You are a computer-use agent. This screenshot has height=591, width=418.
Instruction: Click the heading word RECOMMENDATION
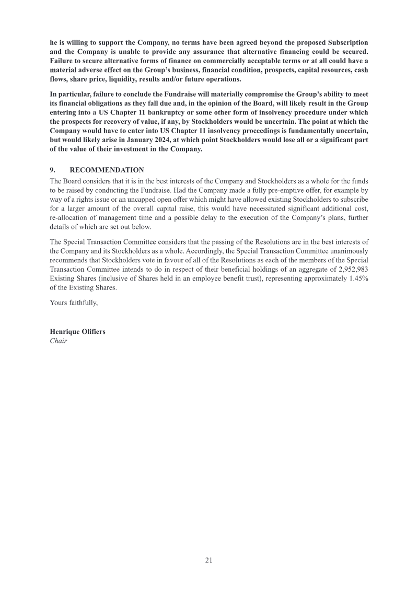click(x=107, y=170)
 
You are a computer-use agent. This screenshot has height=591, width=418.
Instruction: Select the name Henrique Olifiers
click(x=77, y=332)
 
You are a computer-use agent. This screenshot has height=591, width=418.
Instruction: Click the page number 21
click(x=208, y=560)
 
